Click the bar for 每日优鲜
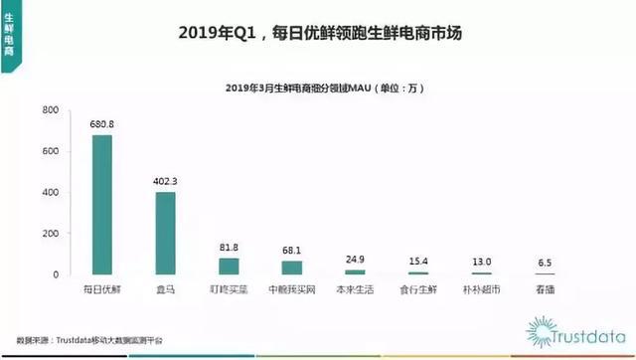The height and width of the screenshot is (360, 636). (102, 205)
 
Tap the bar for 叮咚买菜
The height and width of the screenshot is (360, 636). (229, 266)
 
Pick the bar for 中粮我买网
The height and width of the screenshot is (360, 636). (292, 268)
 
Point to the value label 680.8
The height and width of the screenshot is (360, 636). (103, 126)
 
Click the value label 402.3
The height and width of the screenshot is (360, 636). (167, 182)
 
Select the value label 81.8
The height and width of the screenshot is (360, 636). (230, 248)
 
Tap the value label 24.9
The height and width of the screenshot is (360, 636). (356, 259)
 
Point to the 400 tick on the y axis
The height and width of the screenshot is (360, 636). (48, 192)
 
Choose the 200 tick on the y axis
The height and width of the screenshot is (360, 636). (48, 234)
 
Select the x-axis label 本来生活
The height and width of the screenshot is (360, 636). (355, 288)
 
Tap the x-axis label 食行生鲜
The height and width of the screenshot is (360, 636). (418, 288)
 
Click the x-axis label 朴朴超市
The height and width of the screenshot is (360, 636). (482, 288)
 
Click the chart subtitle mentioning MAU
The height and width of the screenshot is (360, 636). (318, 90)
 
